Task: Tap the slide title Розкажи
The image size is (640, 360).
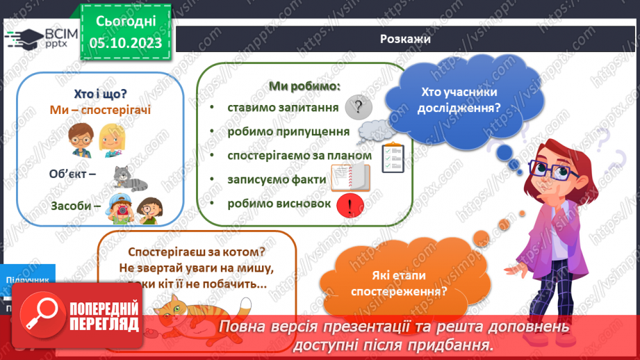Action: coord(405,39)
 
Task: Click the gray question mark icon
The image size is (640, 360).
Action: coord(359,107)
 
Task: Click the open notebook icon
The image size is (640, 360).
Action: coord(350,179)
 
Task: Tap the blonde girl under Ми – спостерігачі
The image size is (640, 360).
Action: coord(111,140)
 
